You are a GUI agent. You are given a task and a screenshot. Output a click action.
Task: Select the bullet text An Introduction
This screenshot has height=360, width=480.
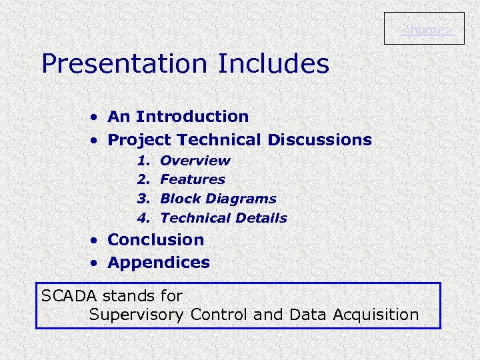pos(178,117)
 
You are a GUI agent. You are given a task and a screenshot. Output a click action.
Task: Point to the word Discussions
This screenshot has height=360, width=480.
pos(319,140)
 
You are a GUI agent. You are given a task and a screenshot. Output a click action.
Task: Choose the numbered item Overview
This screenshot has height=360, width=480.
pos(195,161)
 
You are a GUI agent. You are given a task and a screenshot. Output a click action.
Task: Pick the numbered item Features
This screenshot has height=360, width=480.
pos(193,179)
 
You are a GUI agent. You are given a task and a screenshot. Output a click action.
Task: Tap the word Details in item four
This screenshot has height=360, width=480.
pos(263,218)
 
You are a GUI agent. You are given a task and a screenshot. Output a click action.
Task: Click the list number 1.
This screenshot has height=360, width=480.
pos(142,161)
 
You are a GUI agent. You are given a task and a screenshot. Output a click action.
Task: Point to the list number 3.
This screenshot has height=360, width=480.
pos(142,199)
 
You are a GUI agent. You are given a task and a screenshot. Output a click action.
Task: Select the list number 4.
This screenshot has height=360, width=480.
pos(142,218)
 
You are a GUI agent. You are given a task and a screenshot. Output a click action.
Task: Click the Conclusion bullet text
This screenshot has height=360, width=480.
pos(155,239)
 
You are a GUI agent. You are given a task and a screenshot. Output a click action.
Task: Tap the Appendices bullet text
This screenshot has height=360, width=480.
pos(159,263)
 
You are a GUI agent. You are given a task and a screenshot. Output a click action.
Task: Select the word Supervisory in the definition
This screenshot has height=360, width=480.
pos(137,315)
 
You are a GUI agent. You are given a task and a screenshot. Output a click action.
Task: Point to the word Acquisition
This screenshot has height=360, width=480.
pos(377,315)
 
